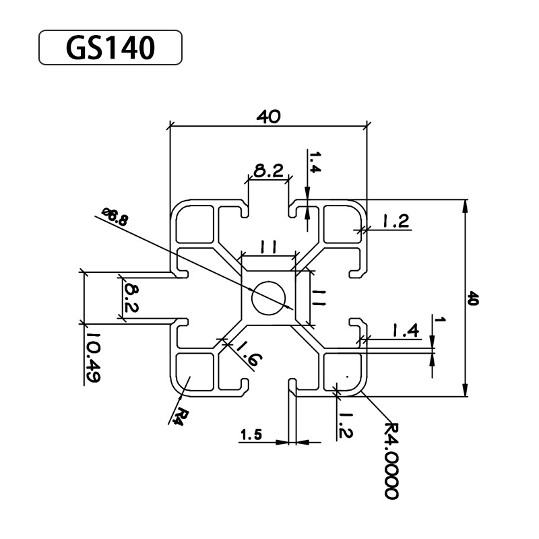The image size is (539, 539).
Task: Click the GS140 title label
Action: pyautogui.click(x=110, y=48)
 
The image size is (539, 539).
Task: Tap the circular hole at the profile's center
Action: pyautogui.click(x=268, y=296)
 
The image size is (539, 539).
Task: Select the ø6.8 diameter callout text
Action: pyautogui.click(x=115, y=217)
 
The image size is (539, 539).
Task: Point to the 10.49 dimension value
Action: pyautogui.click(x=93, y=357)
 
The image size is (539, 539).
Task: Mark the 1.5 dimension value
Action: pyautogui.click(x=251, y=437)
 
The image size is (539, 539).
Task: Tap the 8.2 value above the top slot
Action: pyautogui.click(x=268, y=171)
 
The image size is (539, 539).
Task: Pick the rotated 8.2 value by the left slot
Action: pyautogui.click(x=131, y=298)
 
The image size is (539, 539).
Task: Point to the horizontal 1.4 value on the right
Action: pyautogui.click(x=406, y=330)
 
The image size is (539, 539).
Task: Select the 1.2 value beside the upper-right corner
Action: pyautogui.click(x=396, y=222)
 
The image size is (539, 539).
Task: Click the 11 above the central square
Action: pyautogui.click(x=268, y=249)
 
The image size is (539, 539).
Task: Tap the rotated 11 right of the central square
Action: pyautogui.click(x=319, y=296)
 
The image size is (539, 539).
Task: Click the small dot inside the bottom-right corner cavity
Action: pyautogui.click(x=346, y=375)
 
